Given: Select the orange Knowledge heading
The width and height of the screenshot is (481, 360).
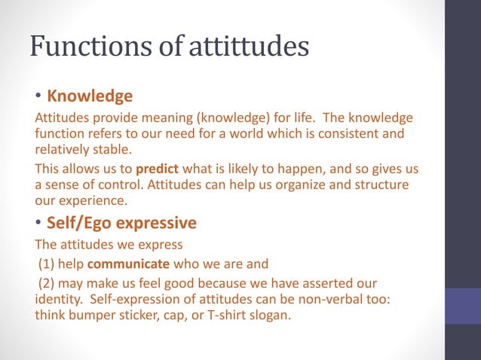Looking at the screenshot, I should click(90, 96).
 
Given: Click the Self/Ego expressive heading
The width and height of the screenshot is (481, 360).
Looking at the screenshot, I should click(121, 223).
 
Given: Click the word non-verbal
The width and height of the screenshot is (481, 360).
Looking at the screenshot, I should click(324, 300).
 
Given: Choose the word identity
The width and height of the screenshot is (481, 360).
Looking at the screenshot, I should click(59, 300).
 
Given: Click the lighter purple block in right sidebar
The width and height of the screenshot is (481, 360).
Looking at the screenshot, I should click(462, 306).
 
